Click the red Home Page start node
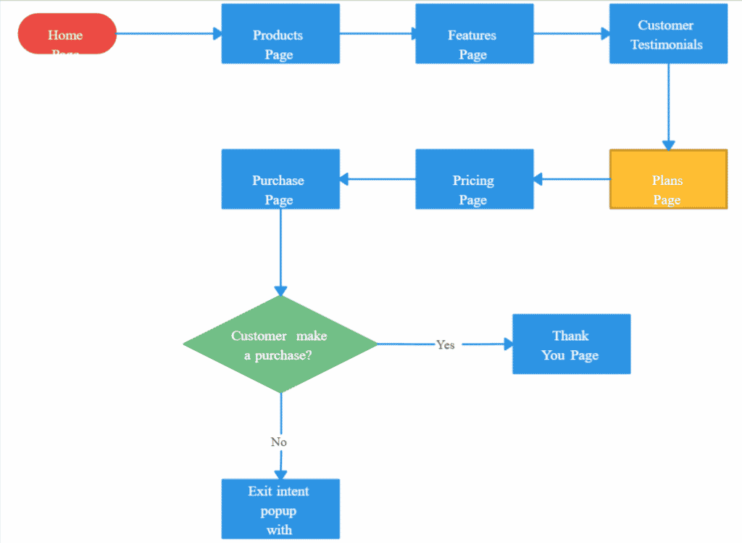click(x=67, y=33)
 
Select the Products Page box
click(x=280, y=34)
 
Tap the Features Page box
click(x=474, y=34)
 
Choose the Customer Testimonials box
click(x=668, y=34)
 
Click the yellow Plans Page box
click(x=668, y=180)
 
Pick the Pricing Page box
click(x=474, y=179)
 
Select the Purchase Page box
click(x=280, y=179)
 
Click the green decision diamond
click(x=280, y=344)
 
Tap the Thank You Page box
click(x=571, y=344)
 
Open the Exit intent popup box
click(x=280, y=509)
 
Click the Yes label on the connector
click(x=446, y=345)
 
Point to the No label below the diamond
click(x=279, y=442)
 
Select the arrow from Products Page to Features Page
click(x=377, y=33)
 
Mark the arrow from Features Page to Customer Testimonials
click(x=571, y=33)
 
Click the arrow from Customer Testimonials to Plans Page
click(x=668, y=106)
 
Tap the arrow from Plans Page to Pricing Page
click(x=572, y=179)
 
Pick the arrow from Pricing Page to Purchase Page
click(x=378, y=179)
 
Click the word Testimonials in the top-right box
click(x=667, y=44)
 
